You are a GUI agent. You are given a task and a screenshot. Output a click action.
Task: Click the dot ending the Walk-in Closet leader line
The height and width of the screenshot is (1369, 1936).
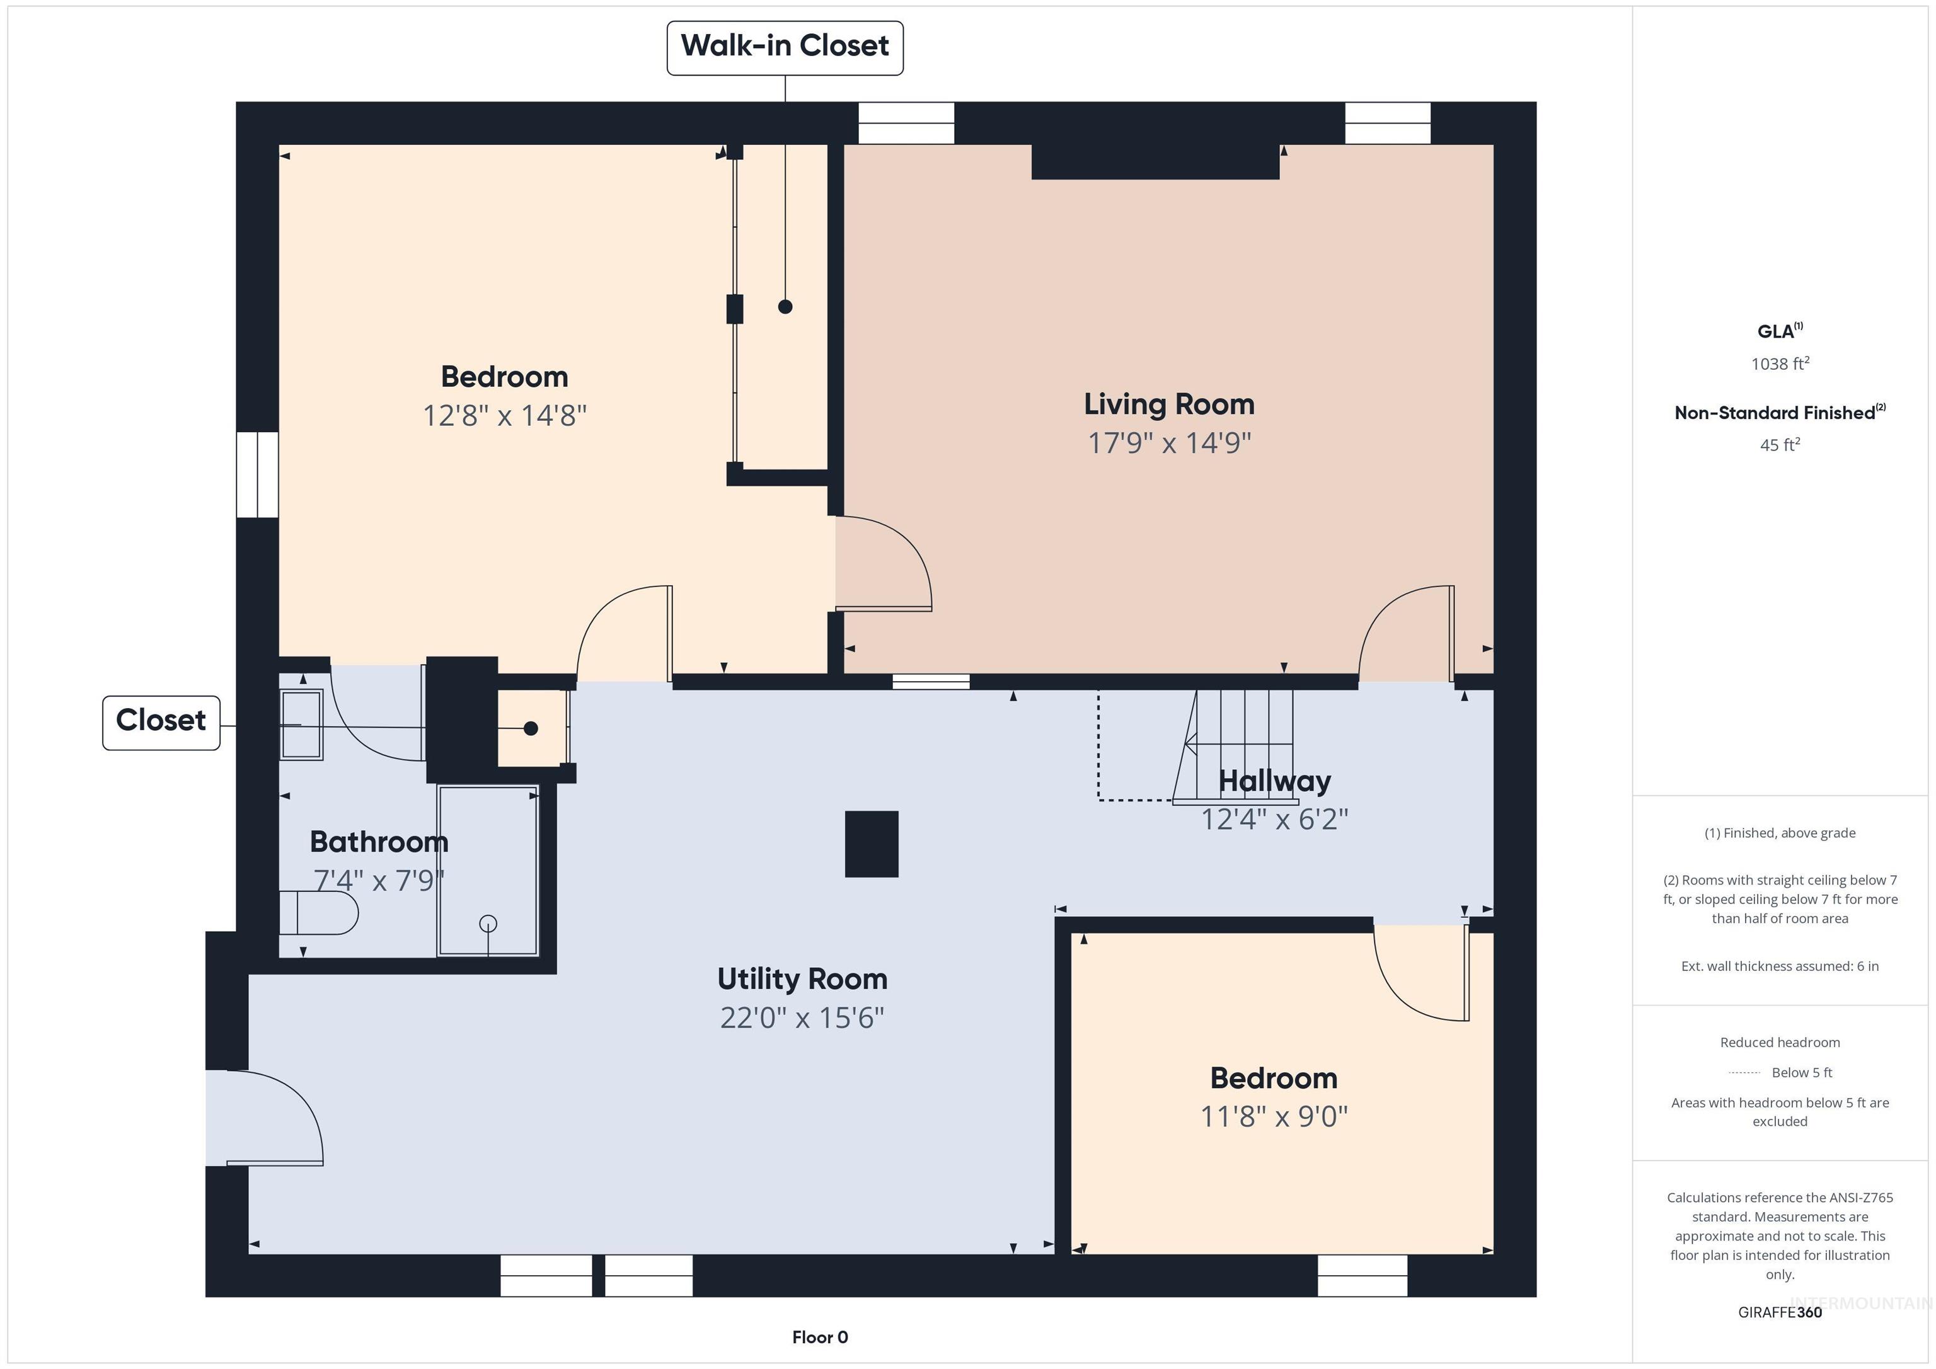point(785,307)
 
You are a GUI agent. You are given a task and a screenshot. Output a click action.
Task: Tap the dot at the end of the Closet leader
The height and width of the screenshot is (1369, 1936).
point(531,728)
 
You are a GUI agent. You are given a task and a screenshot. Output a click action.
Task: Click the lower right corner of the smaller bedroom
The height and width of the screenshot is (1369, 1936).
point(1494,1254)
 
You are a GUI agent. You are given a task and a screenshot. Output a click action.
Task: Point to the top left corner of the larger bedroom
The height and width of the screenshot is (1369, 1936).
point(279,145)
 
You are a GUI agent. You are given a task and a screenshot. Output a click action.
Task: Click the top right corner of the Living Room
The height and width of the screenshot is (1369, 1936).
point(1494,145)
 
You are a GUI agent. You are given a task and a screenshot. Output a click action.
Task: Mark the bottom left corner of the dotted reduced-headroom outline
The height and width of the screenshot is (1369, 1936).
point(1098,799)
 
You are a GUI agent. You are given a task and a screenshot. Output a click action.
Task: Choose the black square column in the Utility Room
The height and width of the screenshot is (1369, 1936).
point(872,844)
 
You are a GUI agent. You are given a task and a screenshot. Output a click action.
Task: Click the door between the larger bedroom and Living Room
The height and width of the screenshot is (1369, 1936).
point(884,563)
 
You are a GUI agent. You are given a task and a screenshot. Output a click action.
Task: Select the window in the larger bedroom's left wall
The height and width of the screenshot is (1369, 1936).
point(257,474)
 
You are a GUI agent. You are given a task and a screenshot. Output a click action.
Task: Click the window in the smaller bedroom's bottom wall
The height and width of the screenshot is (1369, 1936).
point(1363,1275)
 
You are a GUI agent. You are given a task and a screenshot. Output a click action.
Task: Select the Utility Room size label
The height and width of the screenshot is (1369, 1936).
point(802,1018)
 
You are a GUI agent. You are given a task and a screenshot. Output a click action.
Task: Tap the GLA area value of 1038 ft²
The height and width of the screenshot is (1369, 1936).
point(1780,364)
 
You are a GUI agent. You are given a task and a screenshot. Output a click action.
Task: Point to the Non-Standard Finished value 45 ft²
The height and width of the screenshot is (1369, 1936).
point(1780,444)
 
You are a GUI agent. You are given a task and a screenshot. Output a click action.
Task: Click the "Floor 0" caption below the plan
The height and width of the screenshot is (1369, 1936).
point(820,1337)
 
